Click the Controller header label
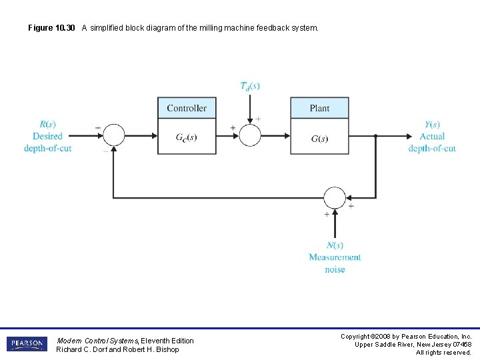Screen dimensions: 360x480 (187, 108)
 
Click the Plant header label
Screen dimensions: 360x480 (319, 108)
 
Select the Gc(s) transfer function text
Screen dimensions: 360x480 (186, 138)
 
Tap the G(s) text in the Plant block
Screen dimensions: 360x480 (319, 139)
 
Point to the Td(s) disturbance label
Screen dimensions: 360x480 (250, 85)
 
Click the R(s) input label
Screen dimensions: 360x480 (47, 124)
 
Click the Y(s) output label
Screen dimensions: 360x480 (432, 124)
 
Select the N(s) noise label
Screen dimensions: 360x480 (335, 245)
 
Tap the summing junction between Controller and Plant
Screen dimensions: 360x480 (250, 135)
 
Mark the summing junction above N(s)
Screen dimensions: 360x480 (335, 198)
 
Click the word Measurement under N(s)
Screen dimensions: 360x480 (335, 257)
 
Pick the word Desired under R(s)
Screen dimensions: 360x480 (47, 136)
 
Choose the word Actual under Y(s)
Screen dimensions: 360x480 (432, 136)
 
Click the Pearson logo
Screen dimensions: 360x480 (27, 344)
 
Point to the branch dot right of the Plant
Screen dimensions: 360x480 (376, 135)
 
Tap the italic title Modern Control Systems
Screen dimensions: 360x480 (97, 341)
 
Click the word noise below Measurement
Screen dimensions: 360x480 (335, 269)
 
